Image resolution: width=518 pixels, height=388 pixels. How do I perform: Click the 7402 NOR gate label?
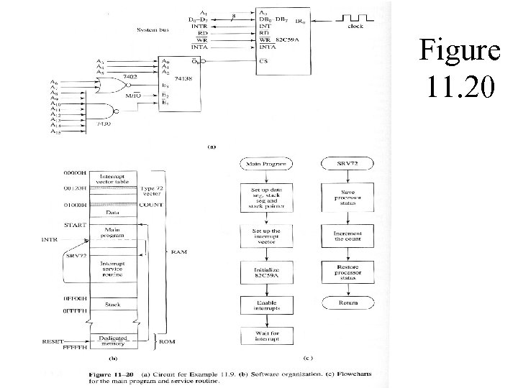(130, 75)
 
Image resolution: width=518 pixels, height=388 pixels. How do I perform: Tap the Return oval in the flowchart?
(347, 302)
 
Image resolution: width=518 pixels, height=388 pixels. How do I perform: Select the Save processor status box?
(347, 198)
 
